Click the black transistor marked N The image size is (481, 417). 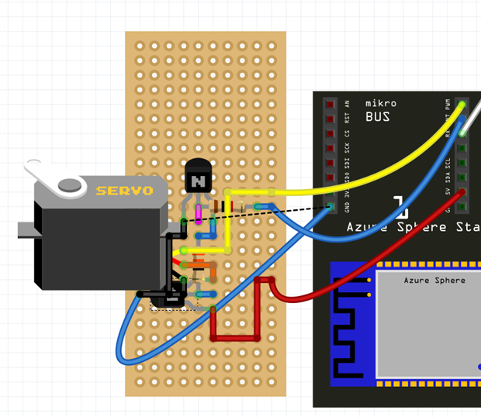click(x=198, y=179)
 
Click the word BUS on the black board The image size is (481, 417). click(x=378, y=118)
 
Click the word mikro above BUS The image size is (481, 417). click(x=381, y=104)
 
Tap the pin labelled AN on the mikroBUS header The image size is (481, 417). click(x=330, y=105)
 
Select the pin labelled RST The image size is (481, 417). click(x=330, y=119)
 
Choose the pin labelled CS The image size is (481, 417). click(x=330, y=134)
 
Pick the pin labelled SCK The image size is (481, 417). click(x=330, y=149)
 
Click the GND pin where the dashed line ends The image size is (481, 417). click(x=330, y=207)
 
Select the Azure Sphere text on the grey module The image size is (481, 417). click(x=434, y=280)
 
